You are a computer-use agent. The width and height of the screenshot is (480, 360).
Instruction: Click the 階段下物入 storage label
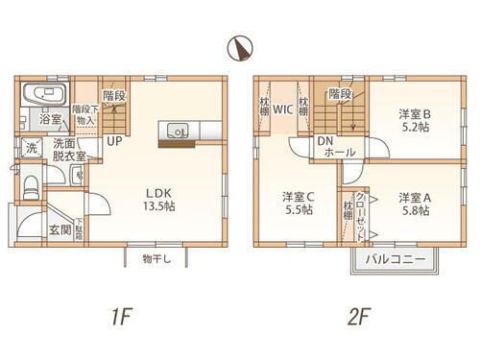tap(85, 116)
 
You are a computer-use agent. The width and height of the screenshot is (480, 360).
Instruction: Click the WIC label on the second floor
tap(282, 108)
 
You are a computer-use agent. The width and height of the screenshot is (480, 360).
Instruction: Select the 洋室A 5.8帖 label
tap(415, 204)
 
